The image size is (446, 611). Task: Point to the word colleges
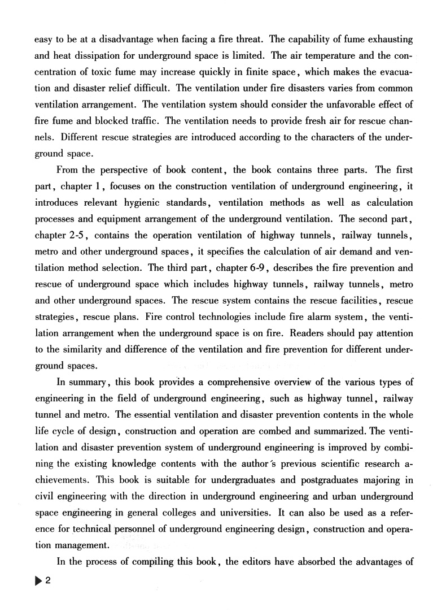[x=204, y=513]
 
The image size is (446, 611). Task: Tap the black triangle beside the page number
[x=39, y=580]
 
